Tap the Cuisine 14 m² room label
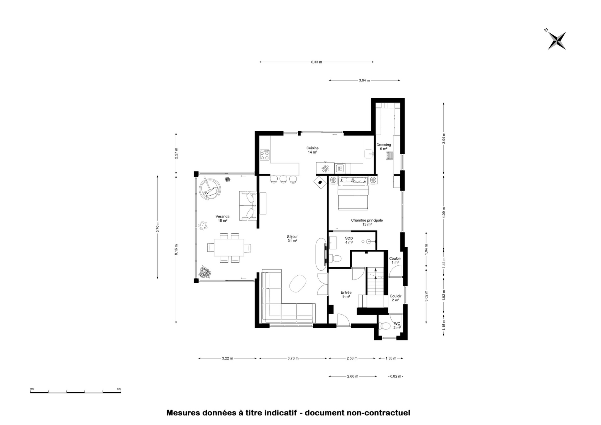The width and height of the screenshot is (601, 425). (312, 150)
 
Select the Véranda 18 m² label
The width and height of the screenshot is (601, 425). (222, 218)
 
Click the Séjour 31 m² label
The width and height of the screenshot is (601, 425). (292, 238)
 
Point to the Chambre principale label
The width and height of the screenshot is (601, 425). (367, 220)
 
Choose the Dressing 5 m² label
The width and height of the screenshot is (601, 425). (384, 147)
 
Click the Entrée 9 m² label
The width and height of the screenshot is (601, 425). (346, 295)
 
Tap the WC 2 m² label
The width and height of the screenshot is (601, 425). (397, 326)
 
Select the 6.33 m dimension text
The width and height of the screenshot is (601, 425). (316, 62)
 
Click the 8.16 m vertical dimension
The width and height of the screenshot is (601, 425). (176, 250)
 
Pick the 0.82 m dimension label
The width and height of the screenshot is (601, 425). (396, 376)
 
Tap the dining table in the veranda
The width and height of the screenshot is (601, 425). (229, 248)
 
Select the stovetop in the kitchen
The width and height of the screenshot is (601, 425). (265, 155)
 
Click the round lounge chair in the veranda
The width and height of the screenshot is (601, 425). (210, 189)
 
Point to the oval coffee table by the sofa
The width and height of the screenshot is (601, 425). (298, 284)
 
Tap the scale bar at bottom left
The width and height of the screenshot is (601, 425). (76, 392)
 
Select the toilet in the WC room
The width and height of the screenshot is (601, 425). (384, 326)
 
